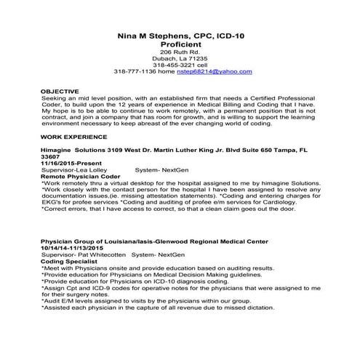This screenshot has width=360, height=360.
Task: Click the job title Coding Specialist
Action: [71, 262]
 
